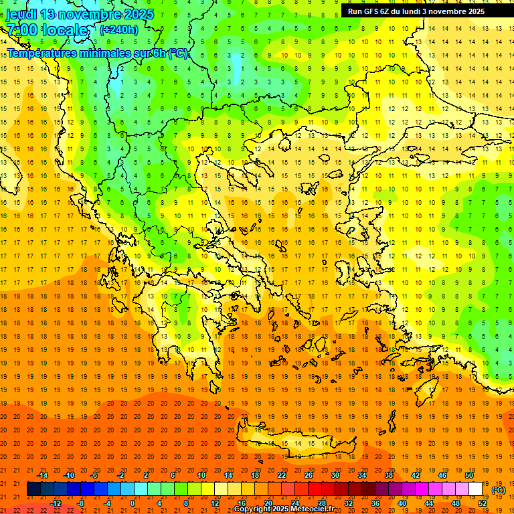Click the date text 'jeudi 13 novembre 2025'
coord(80,14)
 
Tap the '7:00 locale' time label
coord(47,30)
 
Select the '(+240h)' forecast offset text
coord(119,29)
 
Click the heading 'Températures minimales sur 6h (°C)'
coord(98,54)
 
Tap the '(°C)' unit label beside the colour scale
coord(499,490)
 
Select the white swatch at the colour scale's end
coord(476,489)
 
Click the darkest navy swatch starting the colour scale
coord(33,489)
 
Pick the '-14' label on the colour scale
coord(43,475)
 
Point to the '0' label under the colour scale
coord(133,503)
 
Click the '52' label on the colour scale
coord(483,503)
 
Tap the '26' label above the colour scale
coord(309,475)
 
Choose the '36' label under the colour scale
coord(375,503)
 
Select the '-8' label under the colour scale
coord(81,503)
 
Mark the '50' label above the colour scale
coord(469,475)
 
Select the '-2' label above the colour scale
coord(121,475)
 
